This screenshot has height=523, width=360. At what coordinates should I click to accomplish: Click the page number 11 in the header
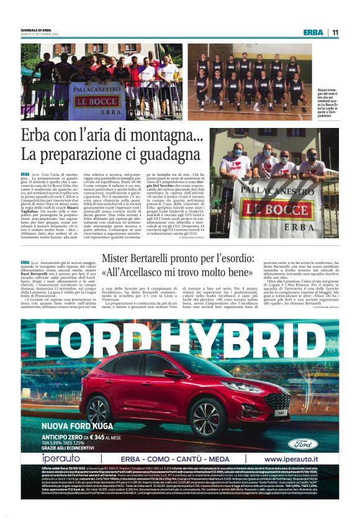pyautogui.click(x=335, y=32)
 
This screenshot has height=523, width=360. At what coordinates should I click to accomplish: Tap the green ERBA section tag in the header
pyautogui.click(x=313, y=32)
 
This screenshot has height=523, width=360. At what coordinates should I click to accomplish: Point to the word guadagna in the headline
pyautogui.click(x=155, y=154)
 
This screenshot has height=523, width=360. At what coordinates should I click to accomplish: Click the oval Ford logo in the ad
pyautogui.click(x=303, y=443)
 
